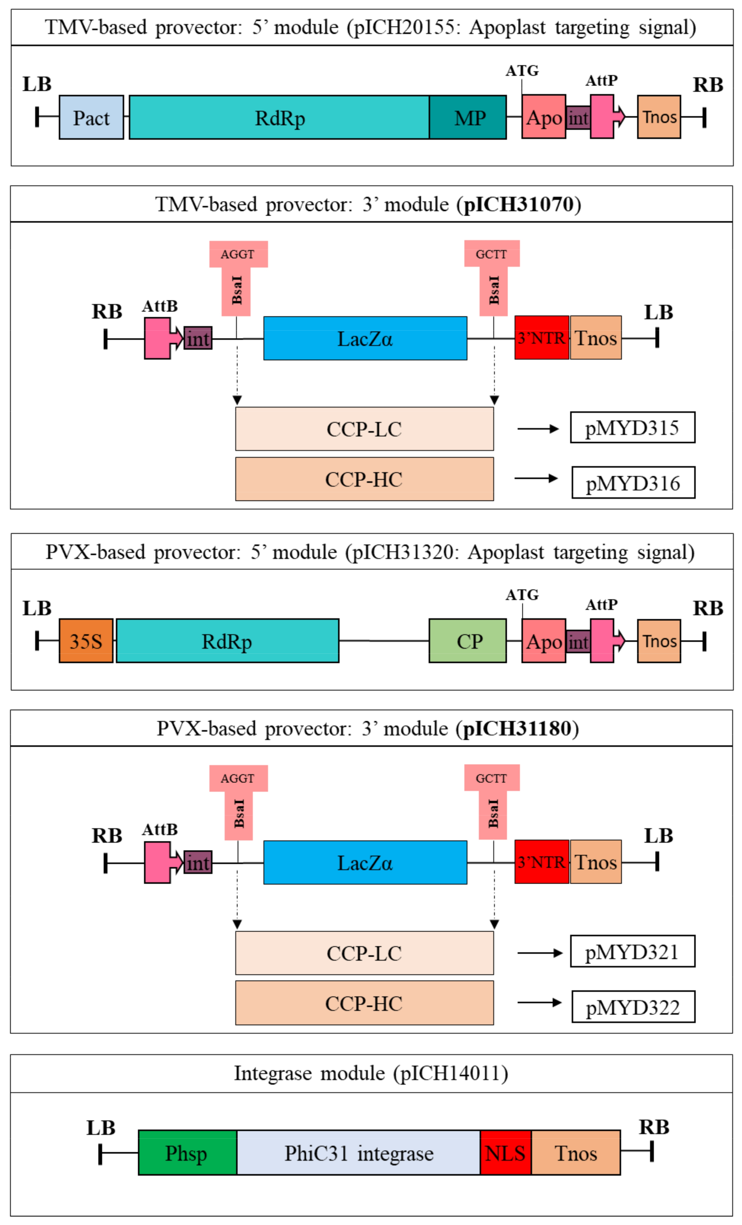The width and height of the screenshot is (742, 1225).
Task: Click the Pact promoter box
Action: tap(91, 117)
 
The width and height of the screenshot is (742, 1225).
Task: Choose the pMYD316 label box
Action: tap(633, 482)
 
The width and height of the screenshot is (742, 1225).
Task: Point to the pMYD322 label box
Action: tap(633, 1007)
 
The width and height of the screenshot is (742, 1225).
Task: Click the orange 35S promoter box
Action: tap(86, 641)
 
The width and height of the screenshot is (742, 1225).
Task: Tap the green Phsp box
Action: tap(187, 1152)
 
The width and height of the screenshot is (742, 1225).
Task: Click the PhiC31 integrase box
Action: tap(358, 1152)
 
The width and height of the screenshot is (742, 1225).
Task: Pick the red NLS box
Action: tap(505, 1152)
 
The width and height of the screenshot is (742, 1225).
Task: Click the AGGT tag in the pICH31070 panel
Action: tap(238, 254)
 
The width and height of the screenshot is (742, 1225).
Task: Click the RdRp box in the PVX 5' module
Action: tap(227, 641)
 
